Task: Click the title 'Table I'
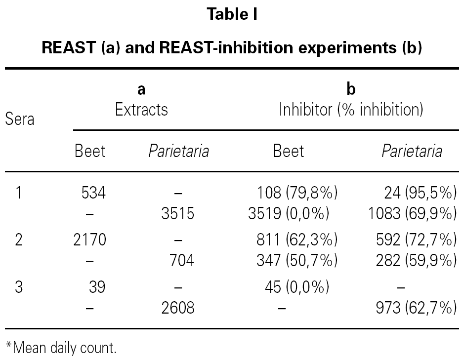point(232,14)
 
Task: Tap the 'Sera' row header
point(20,119)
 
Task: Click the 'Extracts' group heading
point(141,109)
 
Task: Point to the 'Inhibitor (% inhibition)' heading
point(351,109)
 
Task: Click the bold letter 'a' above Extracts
point(141,89)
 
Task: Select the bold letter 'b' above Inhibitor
point(351,89)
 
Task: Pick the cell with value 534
point(93,192)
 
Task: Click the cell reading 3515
point(178,213)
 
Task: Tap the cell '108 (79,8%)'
point(297,192)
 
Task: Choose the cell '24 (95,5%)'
point(420,192)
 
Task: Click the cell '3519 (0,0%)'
point(289,213)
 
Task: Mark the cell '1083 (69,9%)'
point(412,213)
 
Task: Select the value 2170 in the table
point(89,240)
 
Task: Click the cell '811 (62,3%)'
point(297,240)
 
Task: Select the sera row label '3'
point(19,287)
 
